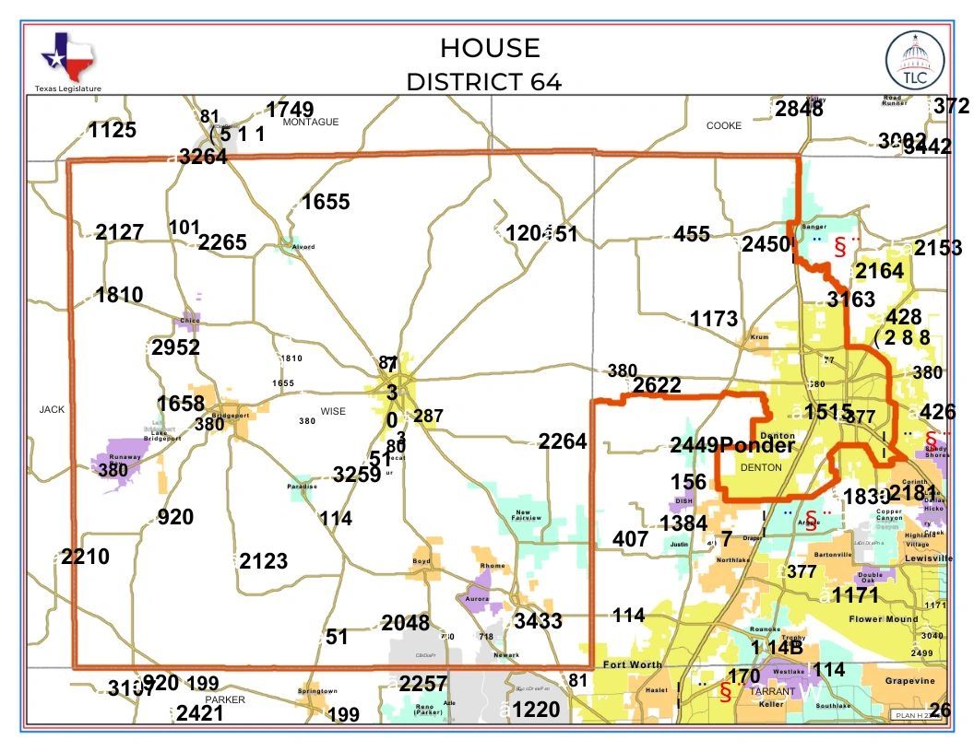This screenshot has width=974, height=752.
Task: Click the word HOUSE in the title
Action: coord(490,48)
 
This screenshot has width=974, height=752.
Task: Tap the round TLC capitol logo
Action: coord(914,60)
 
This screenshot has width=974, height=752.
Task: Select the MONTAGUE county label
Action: coord(311,122)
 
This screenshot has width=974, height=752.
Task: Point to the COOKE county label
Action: coord(723,126)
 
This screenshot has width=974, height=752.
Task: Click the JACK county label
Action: coord(52,409)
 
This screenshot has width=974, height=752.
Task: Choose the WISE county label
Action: coord(333,411)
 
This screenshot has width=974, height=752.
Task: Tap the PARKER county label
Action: coord(225,699)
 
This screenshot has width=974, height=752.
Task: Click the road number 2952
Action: coord(175,347)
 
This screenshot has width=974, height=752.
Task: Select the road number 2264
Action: coord(563,441)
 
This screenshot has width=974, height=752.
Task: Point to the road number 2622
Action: coord(657,385)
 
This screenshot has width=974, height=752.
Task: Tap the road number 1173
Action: coord(714,319)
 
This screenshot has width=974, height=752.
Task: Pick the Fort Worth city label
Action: coord(633,664)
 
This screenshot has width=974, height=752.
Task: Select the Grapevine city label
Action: coord(909,681)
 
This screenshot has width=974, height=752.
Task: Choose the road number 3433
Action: coord(538,620)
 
